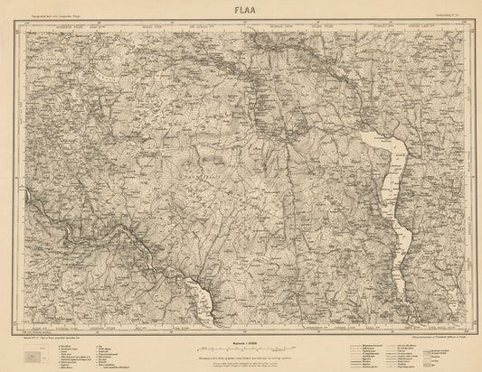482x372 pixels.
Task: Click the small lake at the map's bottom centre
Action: (x=203, y=298)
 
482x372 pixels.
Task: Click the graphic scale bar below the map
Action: (x=241, y=347)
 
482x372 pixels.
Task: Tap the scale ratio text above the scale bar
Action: (x=241, y=340)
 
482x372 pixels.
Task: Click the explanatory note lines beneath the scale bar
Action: (x=241, y=358)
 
